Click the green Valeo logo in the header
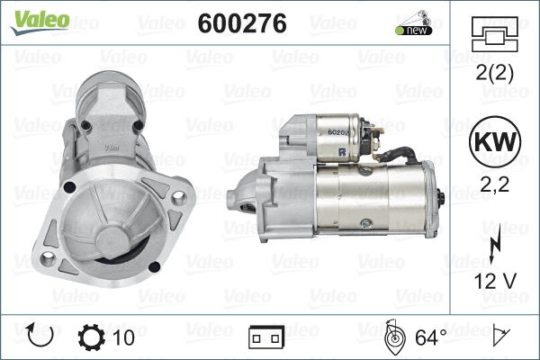tap(40, 22)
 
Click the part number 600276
tap(242, 23)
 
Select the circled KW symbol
tap(495, 141)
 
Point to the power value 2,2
tap(494, 184)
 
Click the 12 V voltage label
tap(495, 281)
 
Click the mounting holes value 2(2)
tap(494, 72)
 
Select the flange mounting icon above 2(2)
tap(494, 34)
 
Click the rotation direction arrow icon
tap(40, 335)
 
